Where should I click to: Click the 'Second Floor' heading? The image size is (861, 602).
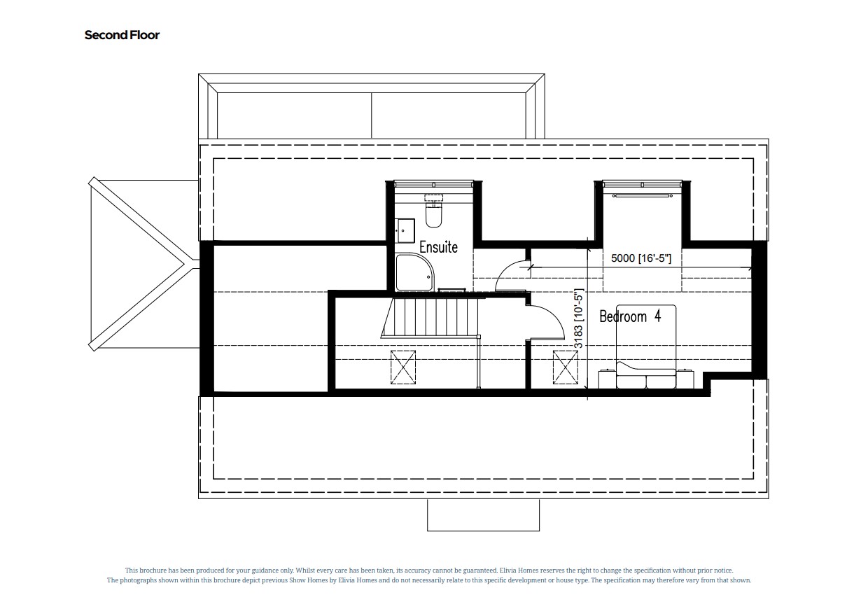[122, 35]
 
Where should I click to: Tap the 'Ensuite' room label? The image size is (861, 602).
[438, 247]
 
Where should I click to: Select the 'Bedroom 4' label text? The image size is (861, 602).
[630, 316]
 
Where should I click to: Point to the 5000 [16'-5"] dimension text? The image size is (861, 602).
[640, 258]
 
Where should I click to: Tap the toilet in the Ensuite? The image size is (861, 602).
[433, 214]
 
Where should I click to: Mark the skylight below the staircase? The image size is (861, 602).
[402, 366]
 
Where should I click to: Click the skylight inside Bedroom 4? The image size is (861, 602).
[565, 367]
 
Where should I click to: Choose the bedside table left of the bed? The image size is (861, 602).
[606, 379]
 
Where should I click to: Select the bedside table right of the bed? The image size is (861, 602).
[685, 379]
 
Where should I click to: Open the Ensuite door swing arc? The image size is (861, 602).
[510, 274]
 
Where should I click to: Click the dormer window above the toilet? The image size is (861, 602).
[434, 184]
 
